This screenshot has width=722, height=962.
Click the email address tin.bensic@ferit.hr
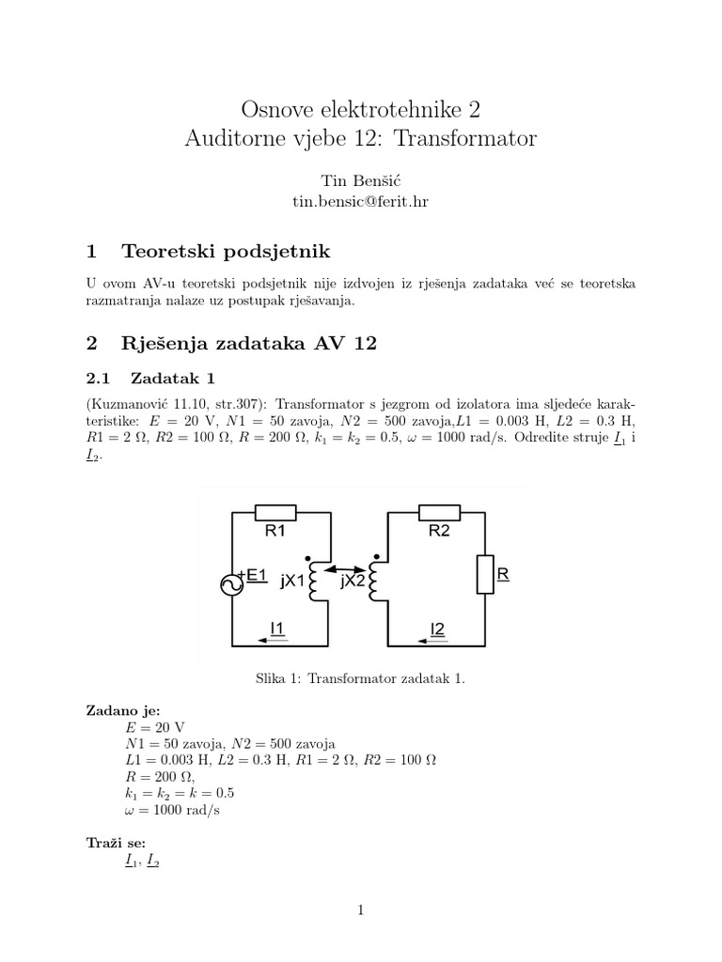[360, 201]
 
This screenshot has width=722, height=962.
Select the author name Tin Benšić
[360, 178]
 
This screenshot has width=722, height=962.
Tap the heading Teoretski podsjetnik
[226, 251]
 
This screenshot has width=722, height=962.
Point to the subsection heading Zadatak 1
[173, 378]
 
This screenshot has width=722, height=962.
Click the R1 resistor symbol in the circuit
[276, 513]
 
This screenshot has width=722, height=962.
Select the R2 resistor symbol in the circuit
[439, 513]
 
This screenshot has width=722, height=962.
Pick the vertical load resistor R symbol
[485, 574]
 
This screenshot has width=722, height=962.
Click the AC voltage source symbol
[231, 584]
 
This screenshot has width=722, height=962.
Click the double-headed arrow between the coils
[345, 566]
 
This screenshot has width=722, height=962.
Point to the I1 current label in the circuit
[279, 628]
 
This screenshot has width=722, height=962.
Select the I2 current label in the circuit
[437, 628]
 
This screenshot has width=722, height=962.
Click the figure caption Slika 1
[360, 677]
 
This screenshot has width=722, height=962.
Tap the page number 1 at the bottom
[360, 909]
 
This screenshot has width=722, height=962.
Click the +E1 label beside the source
[254, 574]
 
